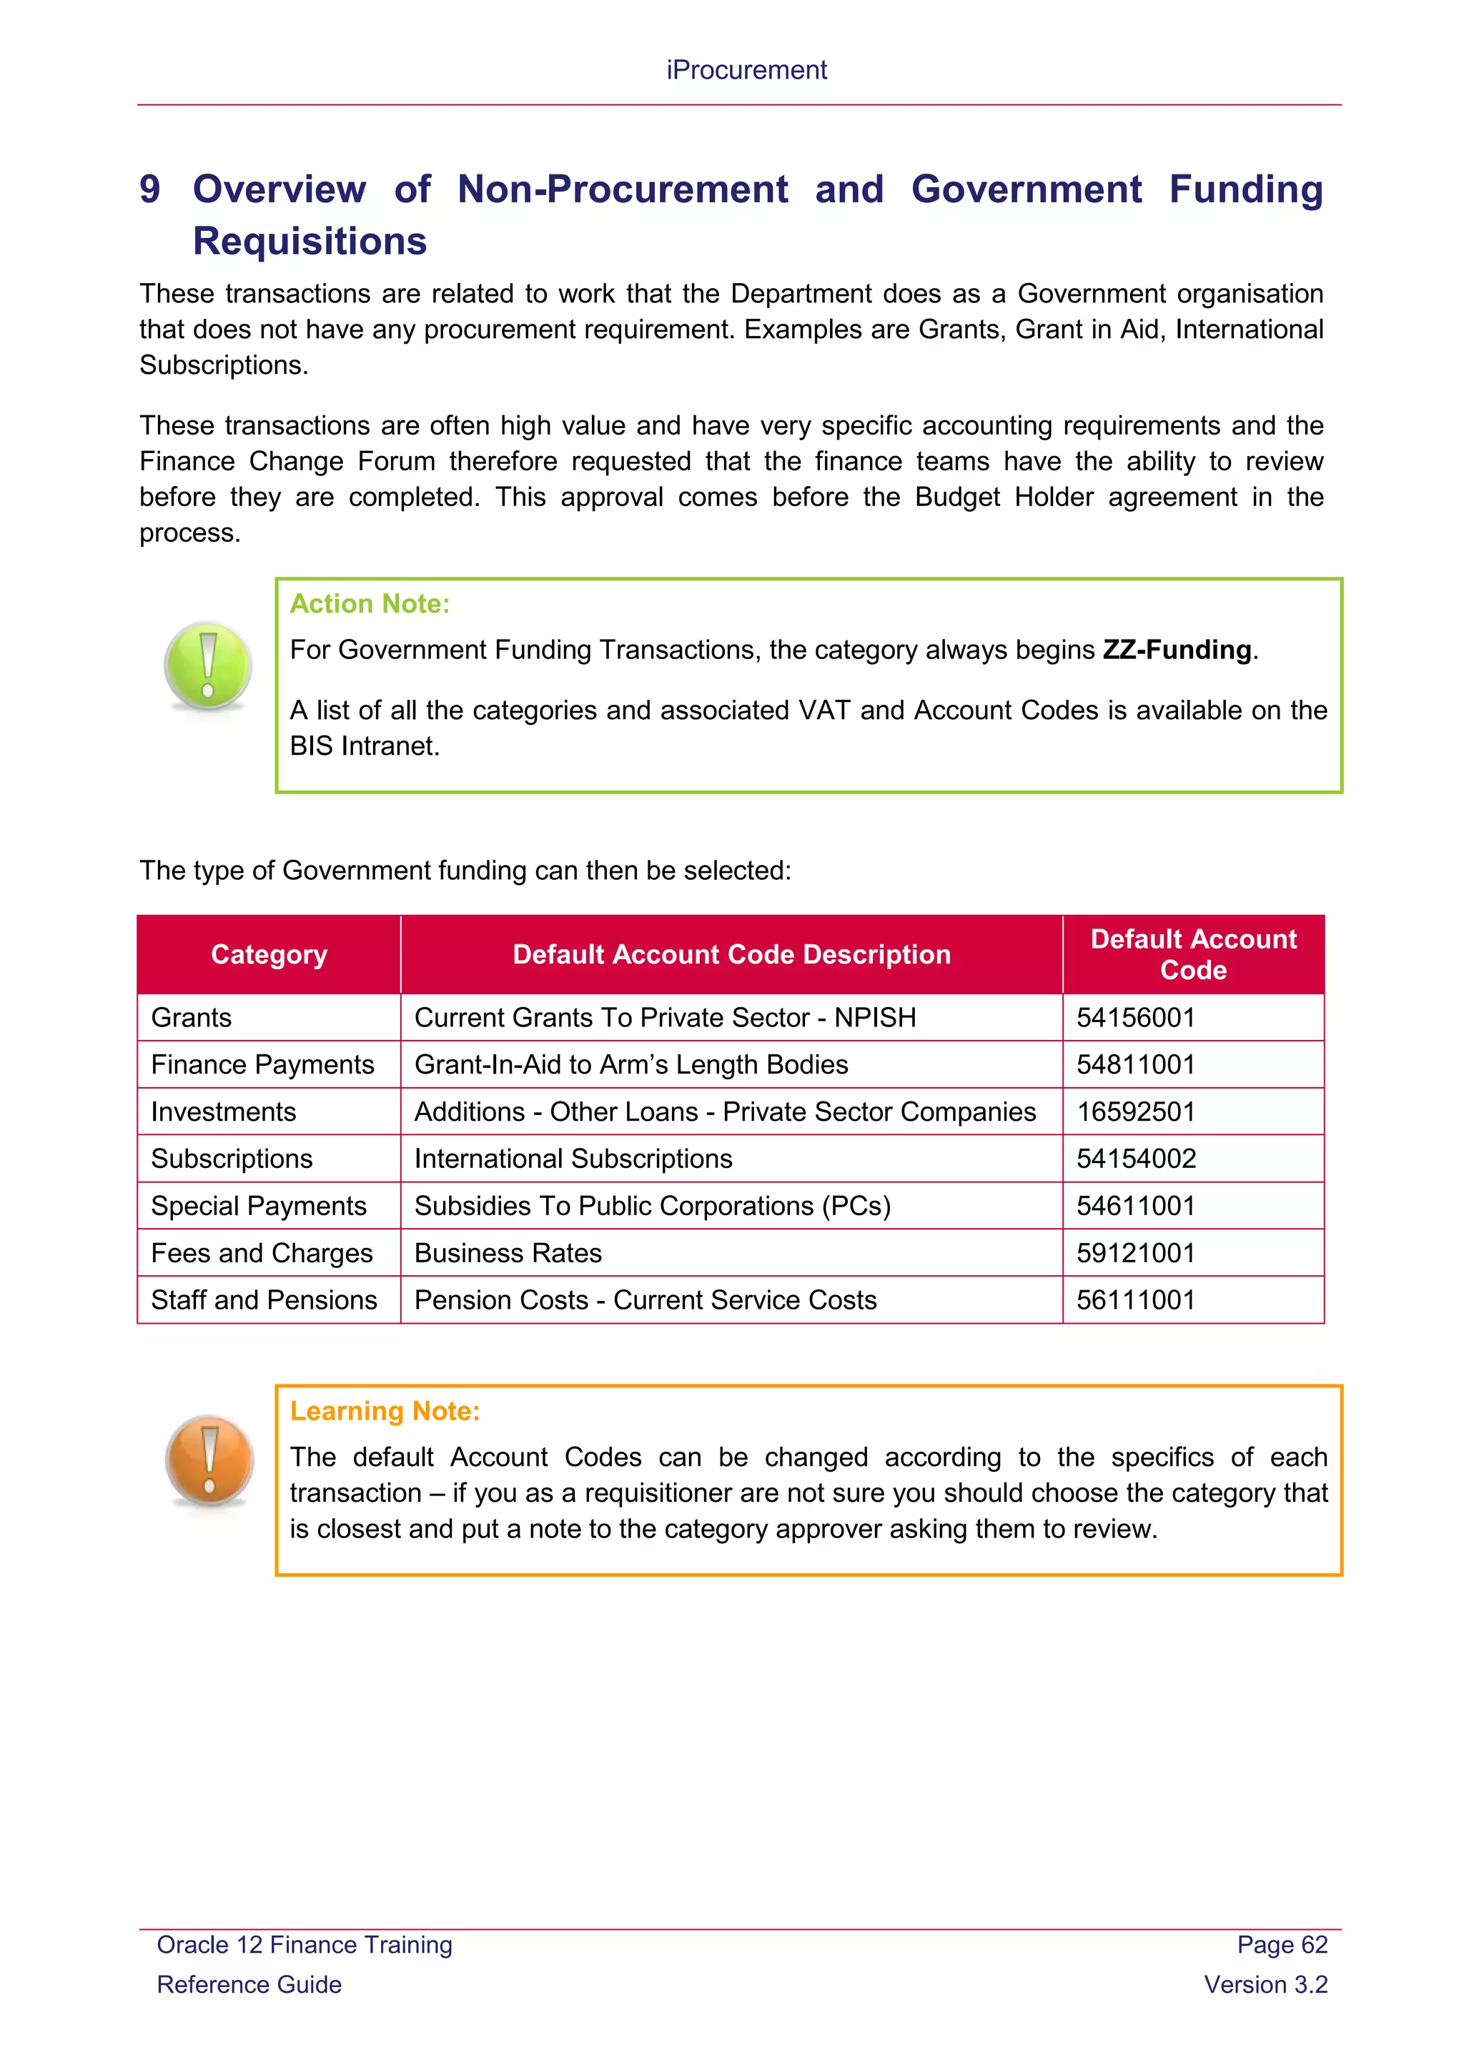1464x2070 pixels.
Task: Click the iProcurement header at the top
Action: [746, 70]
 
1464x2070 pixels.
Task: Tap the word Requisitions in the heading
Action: [310, 242]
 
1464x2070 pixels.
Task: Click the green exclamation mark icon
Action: [208, 665]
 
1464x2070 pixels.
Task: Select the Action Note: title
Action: [370, 603]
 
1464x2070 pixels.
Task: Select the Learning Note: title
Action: [385, 1410]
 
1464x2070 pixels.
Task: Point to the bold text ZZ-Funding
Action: [1177, 650]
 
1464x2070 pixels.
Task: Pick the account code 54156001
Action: [1136, 1018]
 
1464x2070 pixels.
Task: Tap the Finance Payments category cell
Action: [262, 1065]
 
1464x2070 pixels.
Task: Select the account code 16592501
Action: [1136, 1111]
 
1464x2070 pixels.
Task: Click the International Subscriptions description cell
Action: [573, 1159]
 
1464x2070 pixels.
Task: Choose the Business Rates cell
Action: [508, 1253]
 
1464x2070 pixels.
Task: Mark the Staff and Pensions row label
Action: [264, 1300]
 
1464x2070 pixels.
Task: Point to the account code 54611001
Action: [1136, 1207]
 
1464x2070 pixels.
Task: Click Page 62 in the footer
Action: [1281, 1945]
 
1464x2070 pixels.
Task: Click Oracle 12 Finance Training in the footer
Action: [305, 1945]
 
